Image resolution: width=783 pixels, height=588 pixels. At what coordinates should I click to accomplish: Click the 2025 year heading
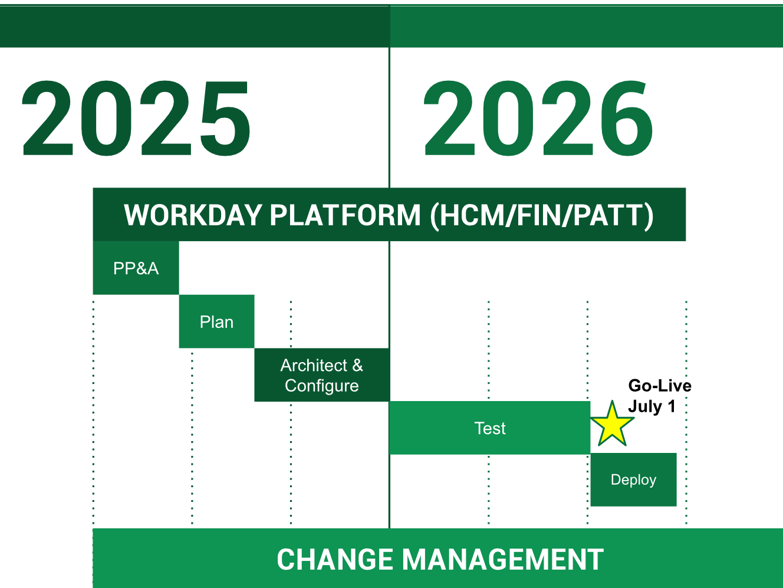(x=136, y=119)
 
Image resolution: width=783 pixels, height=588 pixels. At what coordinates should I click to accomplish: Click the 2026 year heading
(x=538, y=119)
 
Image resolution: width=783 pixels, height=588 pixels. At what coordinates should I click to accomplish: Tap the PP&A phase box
(x=136, y=268)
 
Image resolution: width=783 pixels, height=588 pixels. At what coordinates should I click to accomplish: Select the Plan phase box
(x=216, y=321)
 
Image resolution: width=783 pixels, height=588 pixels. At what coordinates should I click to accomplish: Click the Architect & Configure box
(x=322, y=375)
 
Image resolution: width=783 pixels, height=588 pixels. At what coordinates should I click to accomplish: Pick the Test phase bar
(x=490, y=428)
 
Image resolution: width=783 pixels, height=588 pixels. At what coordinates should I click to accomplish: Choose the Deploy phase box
(x=634, y=479)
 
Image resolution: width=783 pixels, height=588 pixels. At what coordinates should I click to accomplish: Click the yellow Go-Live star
(x=612, y=425)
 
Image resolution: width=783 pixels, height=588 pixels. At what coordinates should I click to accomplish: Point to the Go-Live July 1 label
(x=660, y=396)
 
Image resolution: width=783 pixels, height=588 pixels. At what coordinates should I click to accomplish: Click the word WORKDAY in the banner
(x=193, y=215)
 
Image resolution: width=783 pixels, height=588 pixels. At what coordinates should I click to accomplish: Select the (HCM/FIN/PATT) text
(x=541, y=216)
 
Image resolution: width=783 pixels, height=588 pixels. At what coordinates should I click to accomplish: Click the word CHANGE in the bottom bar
(x=335, y=560)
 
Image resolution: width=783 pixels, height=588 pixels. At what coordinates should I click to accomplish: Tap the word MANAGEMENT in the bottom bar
(x=503, y=560)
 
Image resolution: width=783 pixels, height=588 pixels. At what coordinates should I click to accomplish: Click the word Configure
(x=322, y=386)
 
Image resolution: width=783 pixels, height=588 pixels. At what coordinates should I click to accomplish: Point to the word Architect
(x=314, y=365)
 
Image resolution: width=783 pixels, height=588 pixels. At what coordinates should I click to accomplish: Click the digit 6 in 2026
(x=627, y=119)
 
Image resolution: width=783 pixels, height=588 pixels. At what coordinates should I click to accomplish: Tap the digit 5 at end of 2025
(x=225, y=119)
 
